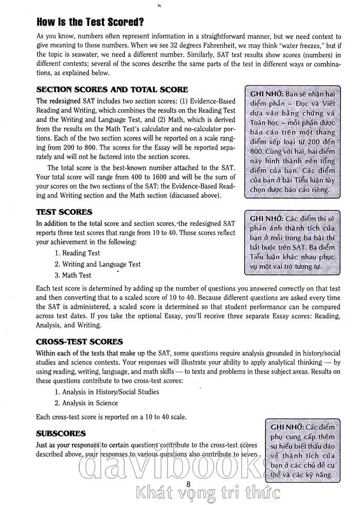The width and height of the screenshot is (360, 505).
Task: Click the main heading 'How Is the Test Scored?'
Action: tap(90, 22)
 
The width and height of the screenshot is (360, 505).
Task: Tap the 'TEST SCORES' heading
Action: tap(64, 212)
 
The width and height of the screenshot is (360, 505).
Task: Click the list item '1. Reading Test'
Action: tap(77, 253)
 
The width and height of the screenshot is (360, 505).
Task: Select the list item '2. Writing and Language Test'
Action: tap(97, 264)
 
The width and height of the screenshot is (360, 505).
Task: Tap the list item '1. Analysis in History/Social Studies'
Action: tap(106, 392)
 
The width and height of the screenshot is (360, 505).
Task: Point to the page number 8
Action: tap(188, 483)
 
